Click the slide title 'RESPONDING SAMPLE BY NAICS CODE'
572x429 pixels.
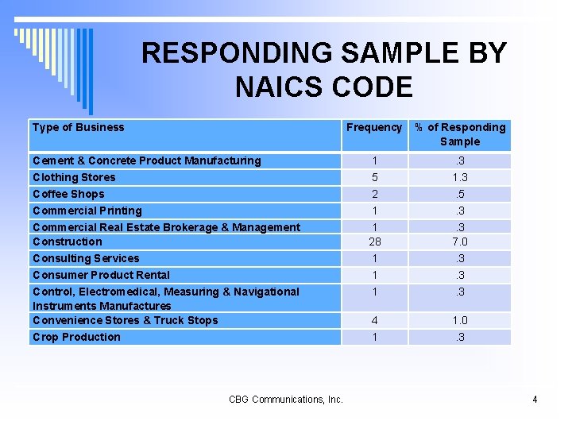tap(323, 70)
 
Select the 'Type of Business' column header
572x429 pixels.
tap(79, 127)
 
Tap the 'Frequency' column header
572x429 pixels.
tap(374, 127)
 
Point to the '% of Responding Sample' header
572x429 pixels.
tap(460, 134)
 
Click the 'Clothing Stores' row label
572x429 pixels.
tap(74, 177)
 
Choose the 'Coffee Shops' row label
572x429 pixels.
tap(68, 194)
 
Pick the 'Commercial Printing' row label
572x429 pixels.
tap(87, 211)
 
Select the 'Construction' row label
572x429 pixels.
tap(68, 242)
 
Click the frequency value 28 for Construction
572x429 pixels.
tap(374, 242)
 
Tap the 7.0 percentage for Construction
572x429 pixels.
tap(460, 242)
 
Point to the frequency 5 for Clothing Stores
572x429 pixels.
tap(374, 177)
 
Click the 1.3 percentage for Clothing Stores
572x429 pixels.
tap(460, 177)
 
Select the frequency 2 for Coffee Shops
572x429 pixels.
tap(374, 194)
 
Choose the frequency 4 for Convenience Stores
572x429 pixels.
tap(374, 320)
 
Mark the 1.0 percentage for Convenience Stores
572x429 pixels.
tap(460, 320)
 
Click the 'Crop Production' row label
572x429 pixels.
tap(76, 337)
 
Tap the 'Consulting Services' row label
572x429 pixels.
tap(86, 258)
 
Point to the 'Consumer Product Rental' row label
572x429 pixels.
tap(101, 275)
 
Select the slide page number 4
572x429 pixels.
tap(535, 399)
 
